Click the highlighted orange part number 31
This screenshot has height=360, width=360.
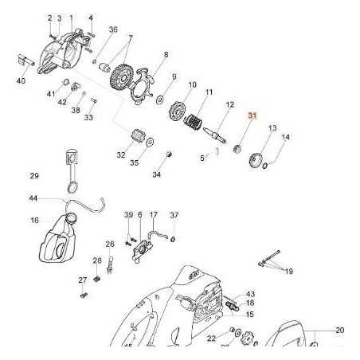pos(252,116)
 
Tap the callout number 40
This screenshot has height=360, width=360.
pos(22,80)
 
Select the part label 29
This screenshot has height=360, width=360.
pos(33,175)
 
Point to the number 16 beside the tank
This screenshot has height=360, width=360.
pos(34,220)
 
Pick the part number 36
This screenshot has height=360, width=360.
pos(112,29)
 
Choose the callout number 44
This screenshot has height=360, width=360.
pos(33,198)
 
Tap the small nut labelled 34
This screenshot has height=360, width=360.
pos(169,154)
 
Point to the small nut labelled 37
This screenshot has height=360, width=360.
pos(174,238)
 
